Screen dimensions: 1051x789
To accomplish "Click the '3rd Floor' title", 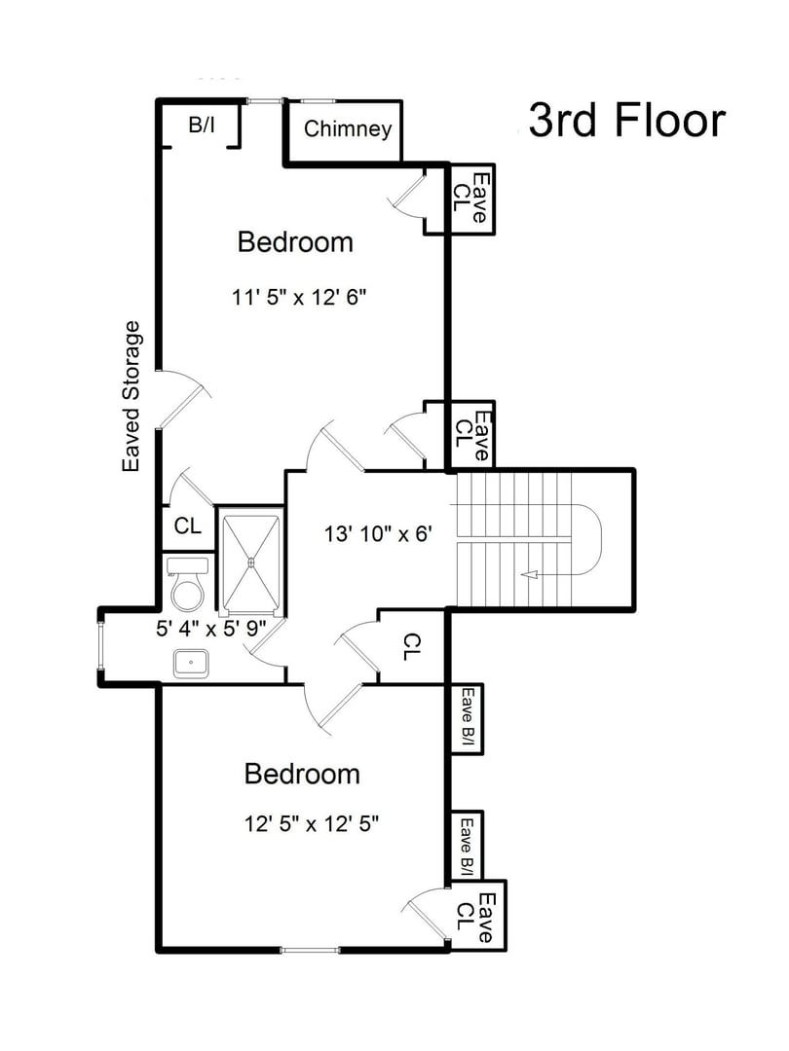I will [627, 121].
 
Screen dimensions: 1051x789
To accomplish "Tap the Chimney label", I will [348, 129].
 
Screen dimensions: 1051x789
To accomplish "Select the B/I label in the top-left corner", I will [202, 125].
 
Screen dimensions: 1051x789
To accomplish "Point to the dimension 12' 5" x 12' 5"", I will [311, 824].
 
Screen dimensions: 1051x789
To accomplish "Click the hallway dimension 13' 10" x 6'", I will [376, 533].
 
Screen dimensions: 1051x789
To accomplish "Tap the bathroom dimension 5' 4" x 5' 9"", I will [211, 629].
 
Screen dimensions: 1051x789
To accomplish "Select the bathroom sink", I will [192, 664].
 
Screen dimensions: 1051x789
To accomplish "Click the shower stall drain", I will [251, 561].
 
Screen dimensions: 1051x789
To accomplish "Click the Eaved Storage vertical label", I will [131, 397].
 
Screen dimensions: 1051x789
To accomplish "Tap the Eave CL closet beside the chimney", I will [470, 199].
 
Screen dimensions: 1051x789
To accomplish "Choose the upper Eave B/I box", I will [467, 718].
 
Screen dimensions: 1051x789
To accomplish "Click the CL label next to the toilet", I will [187, 525].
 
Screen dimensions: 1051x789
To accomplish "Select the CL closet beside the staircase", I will [412, 644].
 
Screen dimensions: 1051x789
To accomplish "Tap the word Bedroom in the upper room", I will [295, 241].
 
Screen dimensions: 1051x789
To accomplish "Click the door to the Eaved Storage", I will [183, 401].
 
